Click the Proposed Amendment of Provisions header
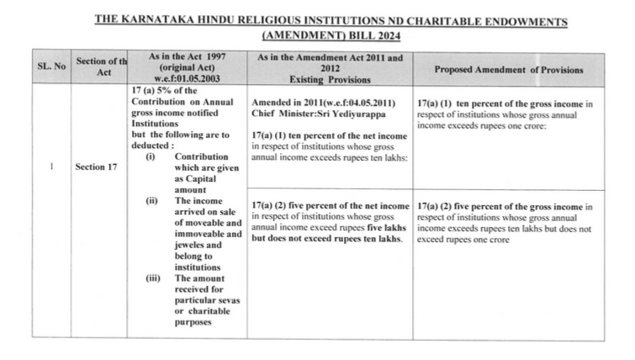508,68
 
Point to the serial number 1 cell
52,167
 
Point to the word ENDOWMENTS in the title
523,20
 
